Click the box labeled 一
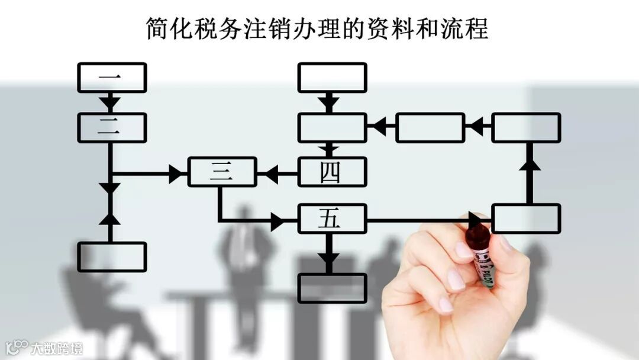click(112, 78)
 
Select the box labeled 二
click(112, 127)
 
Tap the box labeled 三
click(222, 172)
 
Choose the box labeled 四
click(332, 172)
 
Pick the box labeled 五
click(332, 218)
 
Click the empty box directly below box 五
click(332, 288)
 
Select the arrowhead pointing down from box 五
click(329, 260)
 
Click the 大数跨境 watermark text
click(57, 348)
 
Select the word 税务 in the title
click(211, 28)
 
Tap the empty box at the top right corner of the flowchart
click(526, 127)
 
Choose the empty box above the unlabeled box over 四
click(332, 78)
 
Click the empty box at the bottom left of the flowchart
click(112, 256)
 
